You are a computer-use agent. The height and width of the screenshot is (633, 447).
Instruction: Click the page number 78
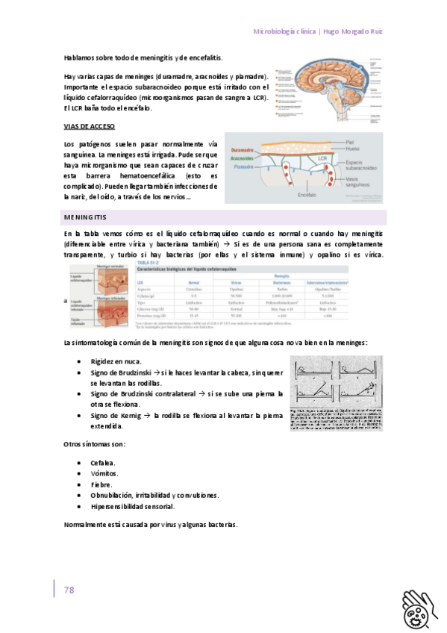(x=69, y=590)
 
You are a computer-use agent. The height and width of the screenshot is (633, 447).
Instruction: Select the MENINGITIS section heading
(x=85, y=217)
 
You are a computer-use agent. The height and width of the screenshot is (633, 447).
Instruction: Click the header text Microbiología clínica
(x=284, y=32)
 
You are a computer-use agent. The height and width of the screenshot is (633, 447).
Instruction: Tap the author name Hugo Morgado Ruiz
(x=353, y=32)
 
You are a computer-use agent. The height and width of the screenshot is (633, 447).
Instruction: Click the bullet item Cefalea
(x=103, y=463)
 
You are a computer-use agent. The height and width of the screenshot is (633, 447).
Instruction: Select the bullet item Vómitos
(x=104, y=473)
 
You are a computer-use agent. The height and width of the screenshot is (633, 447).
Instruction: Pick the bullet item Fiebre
(x=102, y=484)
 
